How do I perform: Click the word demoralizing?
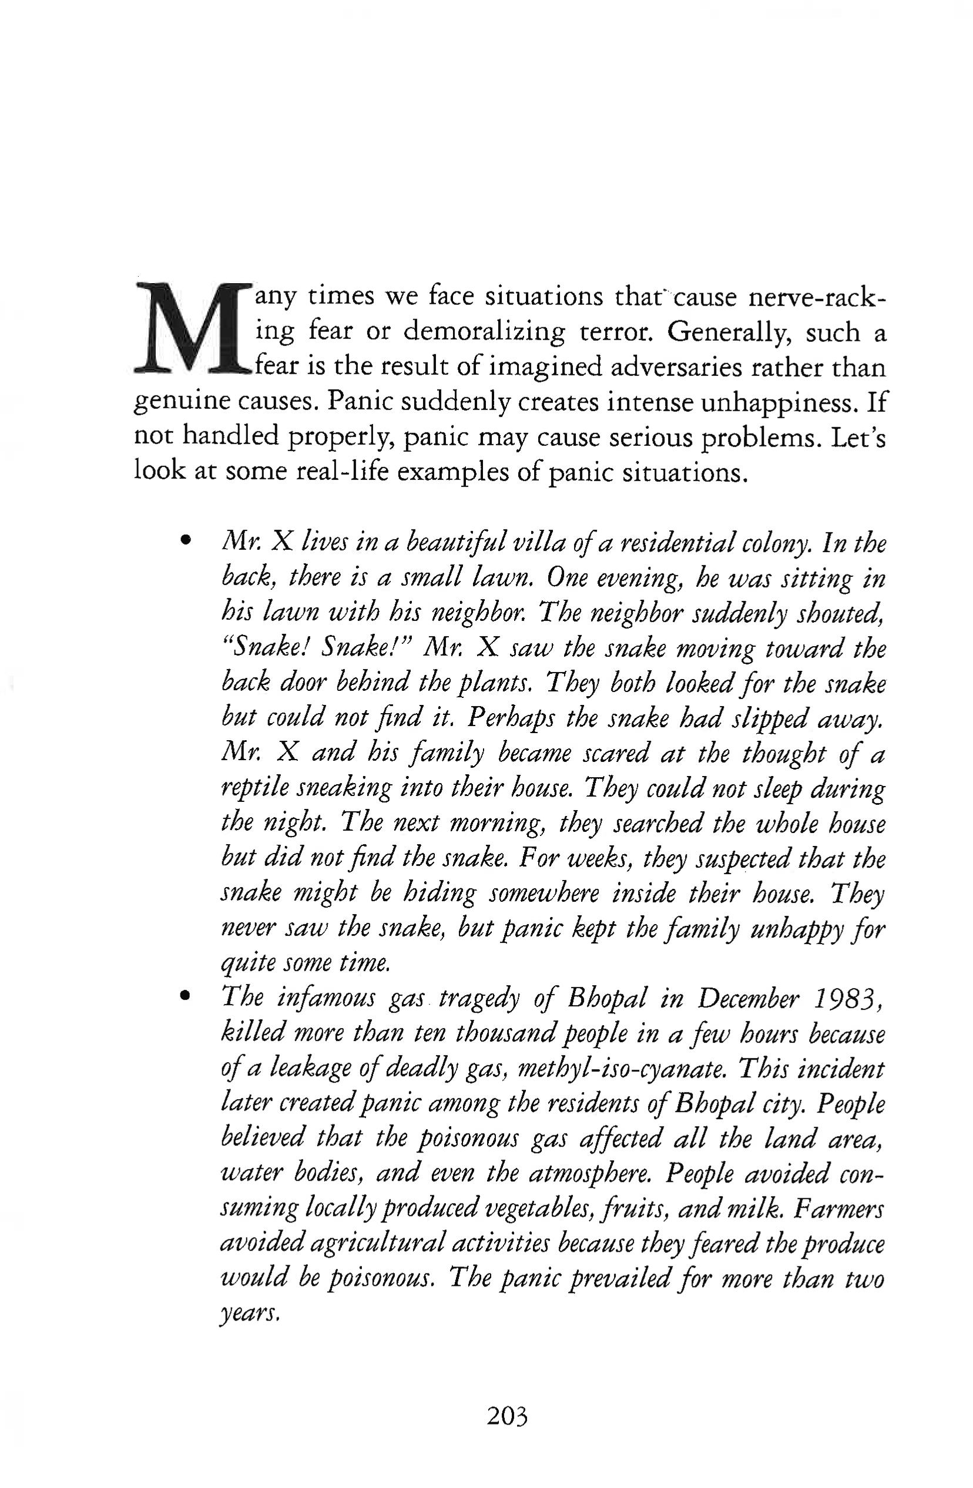tap(484, 332)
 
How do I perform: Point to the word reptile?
tap(254, 788)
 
